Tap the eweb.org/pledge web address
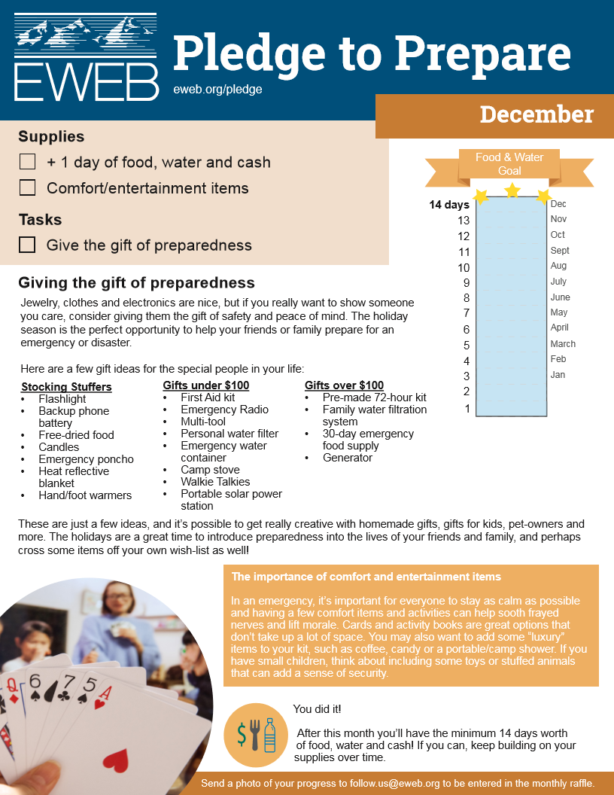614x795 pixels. (217, 89)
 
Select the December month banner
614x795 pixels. (536, 114)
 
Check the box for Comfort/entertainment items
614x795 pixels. (28, 187)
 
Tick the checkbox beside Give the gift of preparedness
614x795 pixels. (28, 245)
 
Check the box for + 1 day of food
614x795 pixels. (28, 162)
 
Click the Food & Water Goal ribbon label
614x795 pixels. (509, 164)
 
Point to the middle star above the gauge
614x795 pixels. (512, 190)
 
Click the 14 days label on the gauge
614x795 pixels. (449, 205)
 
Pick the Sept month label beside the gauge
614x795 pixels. (560, 251)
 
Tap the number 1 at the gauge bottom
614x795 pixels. (467, 409)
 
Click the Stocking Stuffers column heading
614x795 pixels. (66, 387)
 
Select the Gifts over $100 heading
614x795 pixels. (344, 385)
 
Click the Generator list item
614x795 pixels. (348, 458)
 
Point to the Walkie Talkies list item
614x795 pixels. (215, 482)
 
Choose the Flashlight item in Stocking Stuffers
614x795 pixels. (62, 399)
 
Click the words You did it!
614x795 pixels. (317, 709)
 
